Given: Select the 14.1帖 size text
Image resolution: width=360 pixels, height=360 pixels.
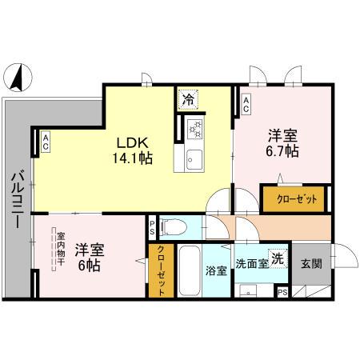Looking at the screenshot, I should point(132,158).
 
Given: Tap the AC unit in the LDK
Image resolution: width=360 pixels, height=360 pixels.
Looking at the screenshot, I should point(46,142).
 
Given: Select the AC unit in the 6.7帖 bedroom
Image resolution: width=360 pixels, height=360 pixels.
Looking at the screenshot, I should point(246,102).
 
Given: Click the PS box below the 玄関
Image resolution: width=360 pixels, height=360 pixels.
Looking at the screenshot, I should point(281,292).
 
